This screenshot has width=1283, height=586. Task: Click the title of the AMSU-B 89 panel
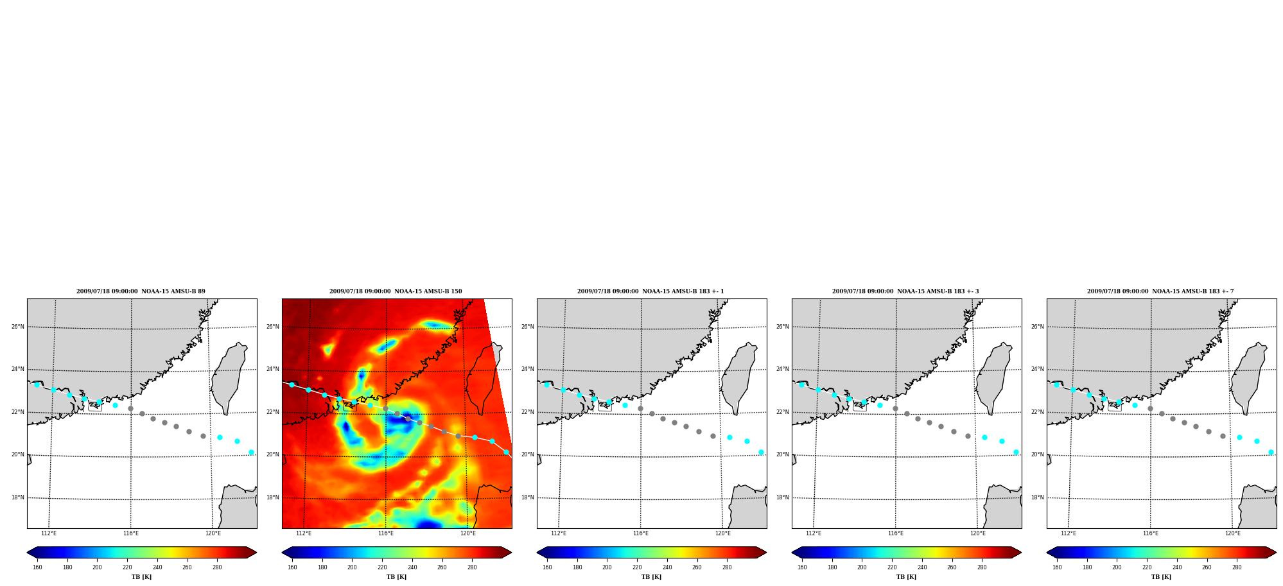click(141, 291)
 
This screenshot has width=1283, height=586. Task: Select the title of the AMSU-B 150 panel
click(396, 291)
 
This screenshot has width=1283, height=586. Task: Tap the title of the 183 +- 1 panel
click(650, 291)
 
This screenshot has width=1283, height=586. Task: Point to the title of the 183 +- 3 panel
click(905, 291)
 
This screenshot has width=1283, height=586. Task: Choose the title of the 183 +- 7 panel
click(1160, 291)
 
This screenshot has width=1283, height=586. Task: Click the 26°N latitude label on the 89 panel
click(17, 327)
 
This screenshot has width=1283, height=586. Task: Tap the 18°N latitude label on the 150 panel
click(272, 497)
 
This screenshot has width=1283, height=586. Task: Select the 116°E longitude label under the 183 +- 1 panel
click(641, 533)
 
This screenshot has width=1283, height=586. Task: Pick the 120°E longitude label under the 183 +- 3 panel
click(978, 533)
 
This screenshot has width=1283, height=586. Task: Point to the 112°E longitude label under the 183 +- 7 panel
click(1069, 533)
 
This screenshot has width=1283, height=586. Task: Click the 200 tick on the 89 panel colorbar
click(97, 567)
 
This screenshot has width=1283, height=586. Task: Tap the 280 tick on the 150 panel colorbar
click(472, 567)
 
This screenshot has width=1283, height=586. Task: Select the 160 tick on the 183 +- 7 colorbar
click(1057, 567)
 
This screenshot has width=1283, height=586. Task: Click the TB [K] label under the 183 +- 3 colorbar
click(906, 577)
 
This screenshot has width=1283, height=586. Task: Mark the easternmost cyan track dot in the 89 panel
click(251, 452)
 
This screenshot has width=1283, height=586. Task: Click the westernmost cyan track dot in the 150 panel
click(292, 384)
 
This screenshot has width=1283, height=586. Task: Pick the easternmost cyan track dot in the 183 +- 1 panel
click(761, 452)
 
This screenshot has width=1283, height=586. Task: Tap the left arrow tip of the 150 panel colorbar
click(283, 553)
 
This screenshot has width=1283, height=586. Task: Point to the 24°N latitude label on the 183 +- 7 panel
click(1037, 369)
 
